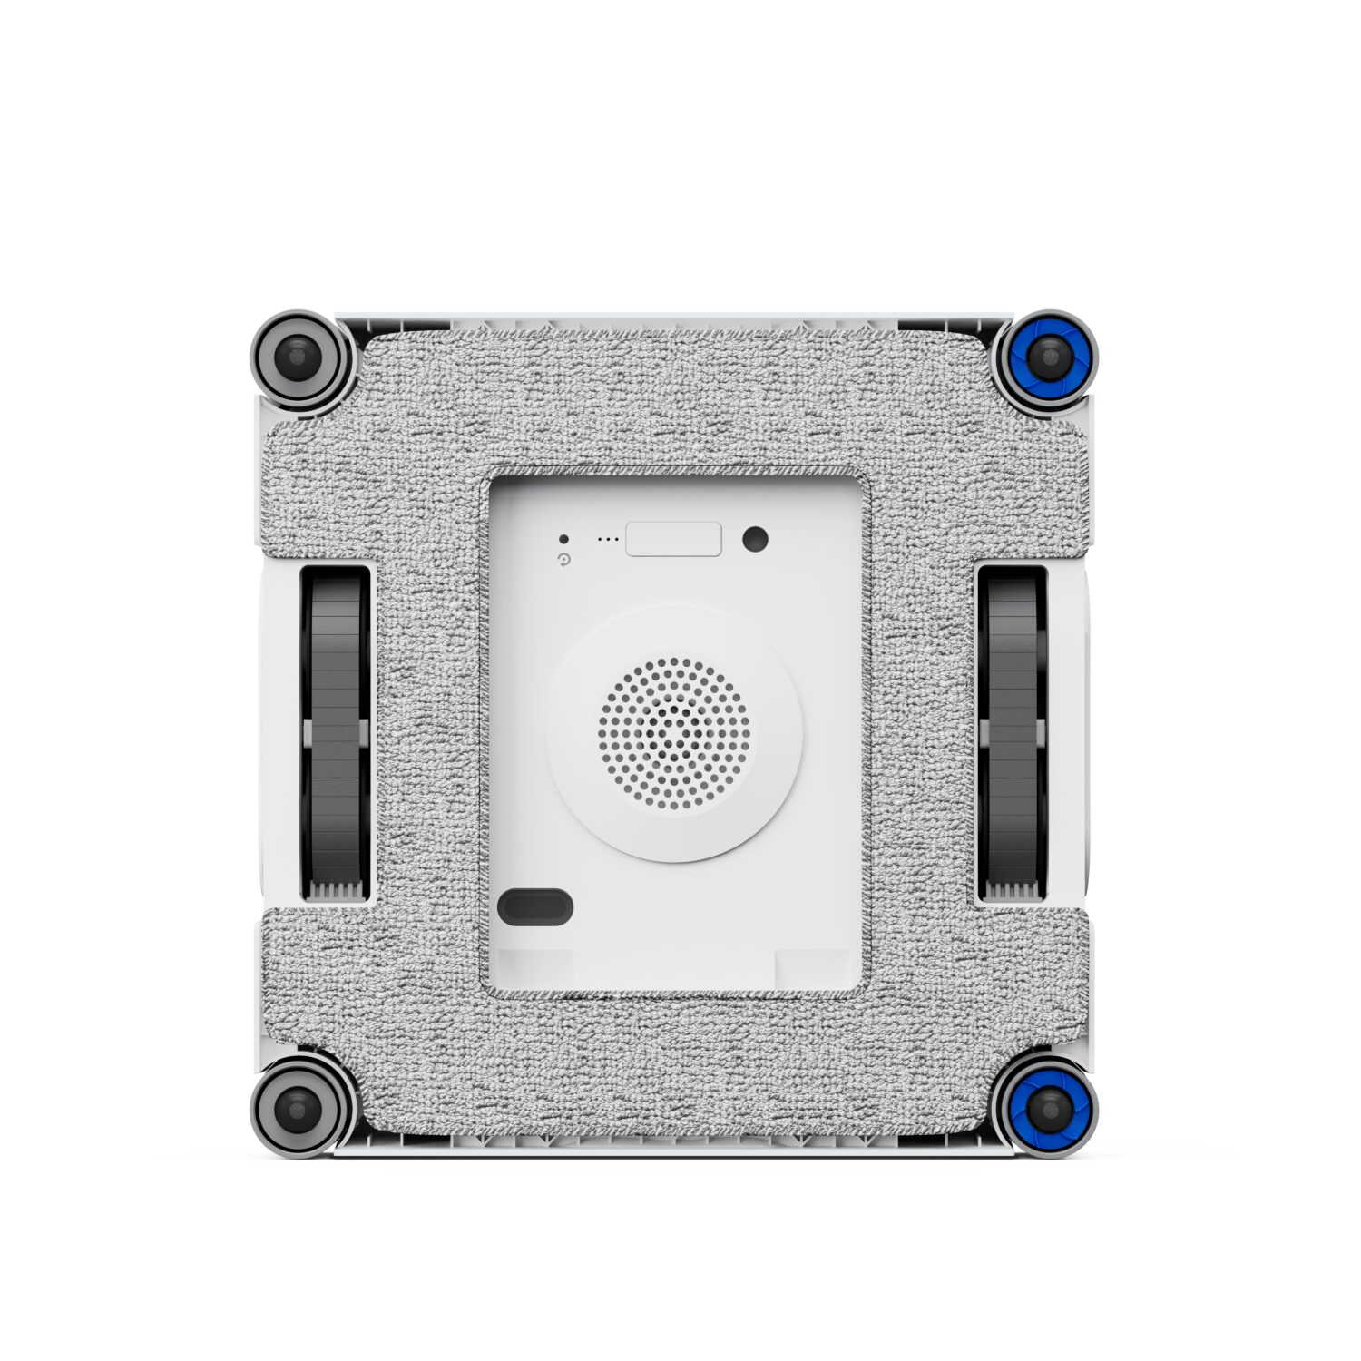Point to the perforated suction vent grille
point(674,733)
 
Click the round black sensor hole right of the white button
point(755,539)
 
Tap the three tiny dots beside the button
point(608,540)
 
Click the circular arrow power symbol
point(564,561)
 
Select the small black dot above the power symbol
point(563,539)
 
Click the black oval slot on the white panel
point(535,906)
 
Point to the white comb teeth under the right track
point(1011,892)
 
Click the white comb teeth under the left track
point(337,892)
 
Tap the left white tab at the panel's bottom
point(535,969)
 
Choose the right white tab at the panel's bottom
point(812,969)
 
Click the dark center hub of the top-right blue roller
point(1047,357)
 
